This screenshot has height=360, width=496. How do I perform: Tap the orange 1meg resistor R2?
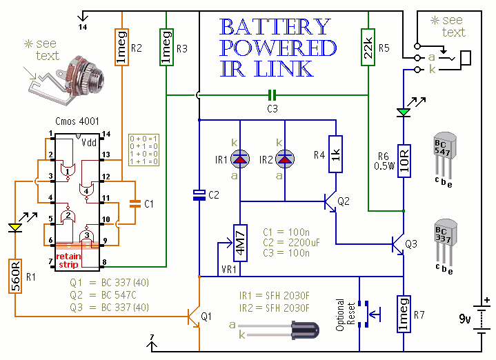click(x=120, y=48)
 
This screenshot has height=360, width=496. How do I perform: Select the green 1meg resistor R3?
click(x=166, y=48)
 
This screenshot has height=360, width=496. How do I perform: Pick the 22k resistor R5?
click(x=368, y=48)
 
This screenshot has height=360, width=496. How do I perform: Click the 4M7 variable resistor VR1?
click(x=239, y=242)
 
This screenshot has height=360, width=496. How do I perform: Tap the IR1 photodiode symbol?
click(x=239, y=160)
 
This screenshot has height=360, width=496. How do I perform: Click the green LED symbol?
click(x=403, y=112)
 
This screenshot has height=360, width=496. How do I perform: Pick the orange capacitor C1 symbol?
click(x=135, y=204)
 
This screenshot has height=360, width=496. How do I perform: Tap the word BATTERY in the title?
click(x=275, y=28)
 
